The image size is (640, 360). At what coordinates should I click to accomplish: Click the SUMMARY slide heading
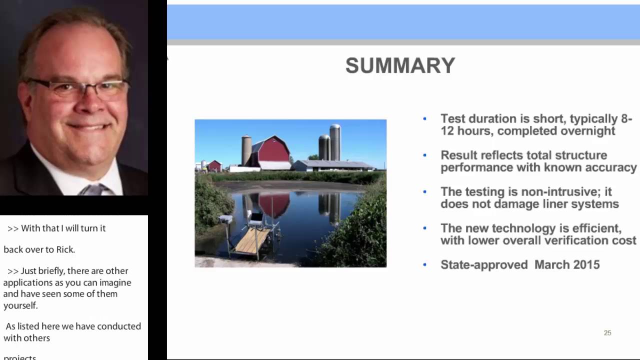tap(400, 66)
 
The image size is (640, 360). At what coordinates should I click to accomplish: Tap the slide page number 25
tap(607, 333)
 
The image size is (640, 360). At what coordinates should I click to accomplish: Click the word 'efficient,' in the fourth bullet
tap(597, 228)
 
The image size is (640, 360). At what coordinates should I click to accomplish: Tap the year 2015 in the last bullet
tap(585, 265)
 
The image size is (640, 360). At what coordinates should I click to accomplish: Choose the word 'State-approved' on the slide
tap(483, 265)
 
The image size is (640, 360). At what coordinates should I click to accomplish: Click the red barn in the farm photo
tap(273, 151)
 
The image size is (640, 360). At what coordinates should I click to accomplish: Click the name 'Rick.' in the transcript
tap(64, 249)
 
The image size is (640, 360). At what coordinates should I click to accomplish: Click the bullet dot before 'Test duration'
tap(424, 119)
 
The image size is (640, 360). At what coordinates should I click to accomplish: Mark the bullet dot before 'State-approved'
tap(424, 265)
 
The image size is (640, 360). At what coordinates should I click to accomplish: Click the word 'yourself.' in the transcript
tap(20, 305)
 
